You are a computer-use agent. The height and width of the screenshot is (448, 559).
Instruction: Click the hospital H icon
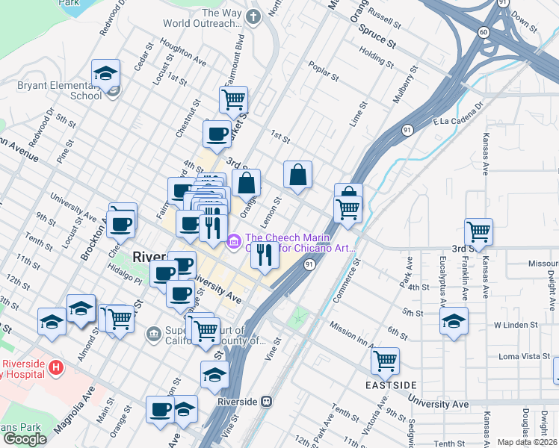point(55,367)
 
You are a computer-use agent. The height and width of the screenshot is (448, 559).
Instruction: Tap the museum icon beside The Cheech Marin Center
point(233,241)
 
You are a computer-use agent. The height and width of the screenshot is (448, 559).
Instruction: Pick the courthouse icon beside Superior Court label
point(154,332)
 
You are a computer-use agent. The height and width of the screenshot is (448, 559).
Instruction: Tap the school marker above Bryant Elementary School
point(105,72)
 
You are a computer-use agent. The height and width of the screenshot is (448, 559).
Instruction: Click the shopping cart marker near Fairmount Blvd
point(233,98)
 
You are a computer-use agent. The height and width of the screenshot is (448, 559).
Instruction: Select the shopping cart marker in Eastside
point(385,361)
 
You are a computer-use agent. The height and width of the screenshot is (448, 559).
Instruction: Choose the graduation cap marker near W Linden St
point(453,321)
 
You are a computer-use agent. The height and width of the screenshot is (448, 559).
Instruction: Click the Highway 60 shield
point(484,31)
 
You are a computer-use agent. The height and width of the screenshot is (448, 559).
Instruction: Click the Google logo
point(25,438)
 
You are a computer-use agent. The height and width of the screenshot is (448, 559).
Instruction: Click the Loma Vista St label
point(523,356)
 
